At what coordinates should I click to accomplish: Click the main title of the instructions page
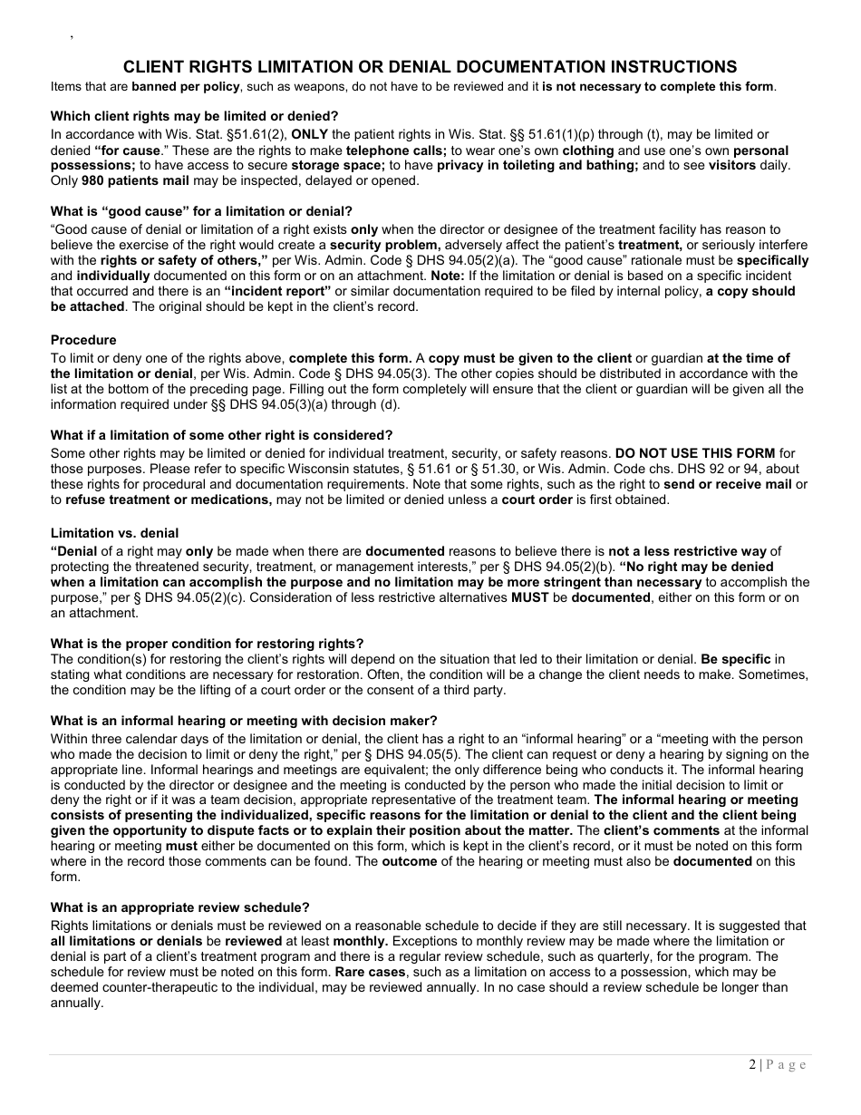430,67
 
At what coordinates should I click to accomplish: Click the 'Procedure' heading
83,340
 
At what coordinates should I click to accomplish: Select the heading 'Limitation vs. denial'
114,533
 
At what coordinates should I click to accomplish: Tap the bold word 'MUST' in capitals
529,597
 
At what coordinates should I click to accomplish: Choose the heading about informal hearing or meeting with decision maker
244,721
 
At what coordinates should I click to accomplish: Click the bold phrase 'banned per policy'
185,86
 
